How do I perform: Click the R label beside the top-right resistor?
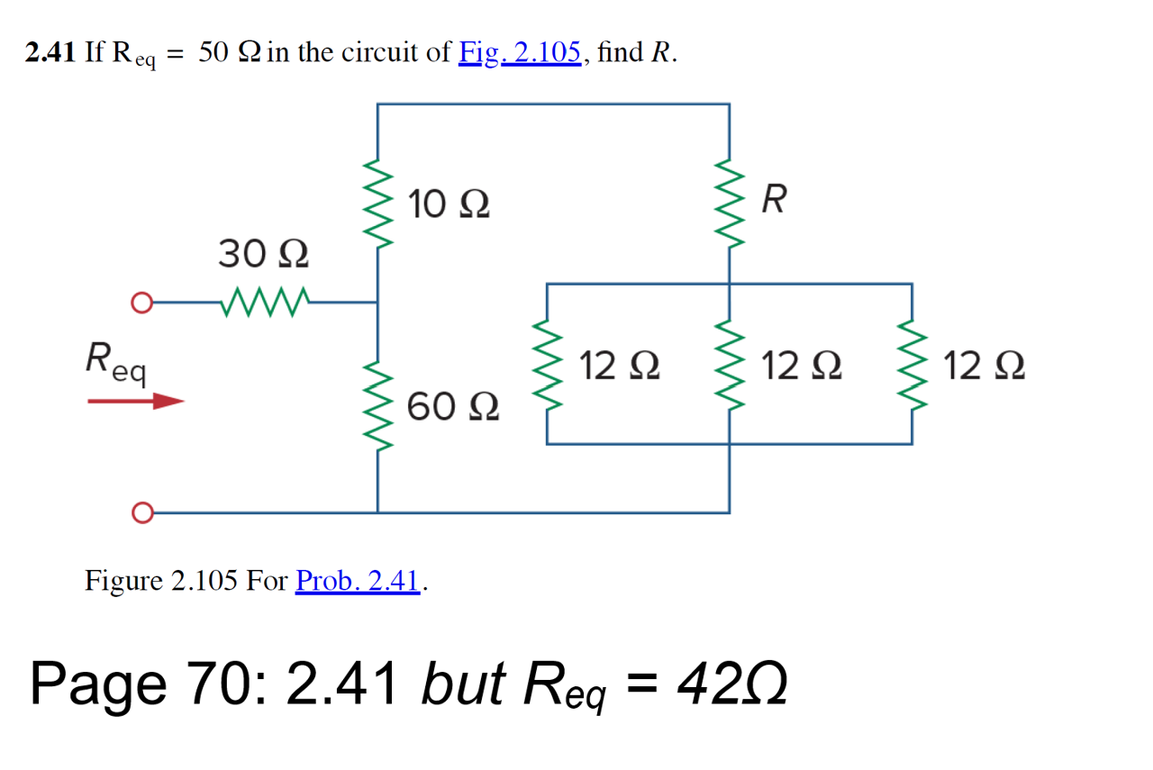(x=773, y=200)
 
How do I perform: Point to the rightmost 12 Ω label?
(x=985, y=367)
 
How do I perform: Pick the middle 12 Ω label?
(x=802, y=367)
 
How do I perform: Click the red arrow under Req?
(x=136, y=401)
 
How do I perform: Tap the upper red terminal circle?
(x=140, y=303)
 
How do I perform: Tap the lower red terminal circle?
(x=140, y=513)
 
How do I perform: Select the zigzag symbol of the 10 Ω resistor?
(x=377, y=209)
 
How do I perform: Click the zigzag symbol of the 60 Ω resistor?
(x=377, y=412)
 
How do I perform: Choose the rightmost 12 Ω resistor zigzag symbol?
(x=912, y=365)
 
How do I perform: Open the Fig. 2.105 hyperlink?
(x=519, y=53)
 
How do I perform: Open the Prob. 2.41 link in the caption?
(x=358, y=581)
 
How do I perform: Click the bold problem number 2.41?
(x=50, y=53)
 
